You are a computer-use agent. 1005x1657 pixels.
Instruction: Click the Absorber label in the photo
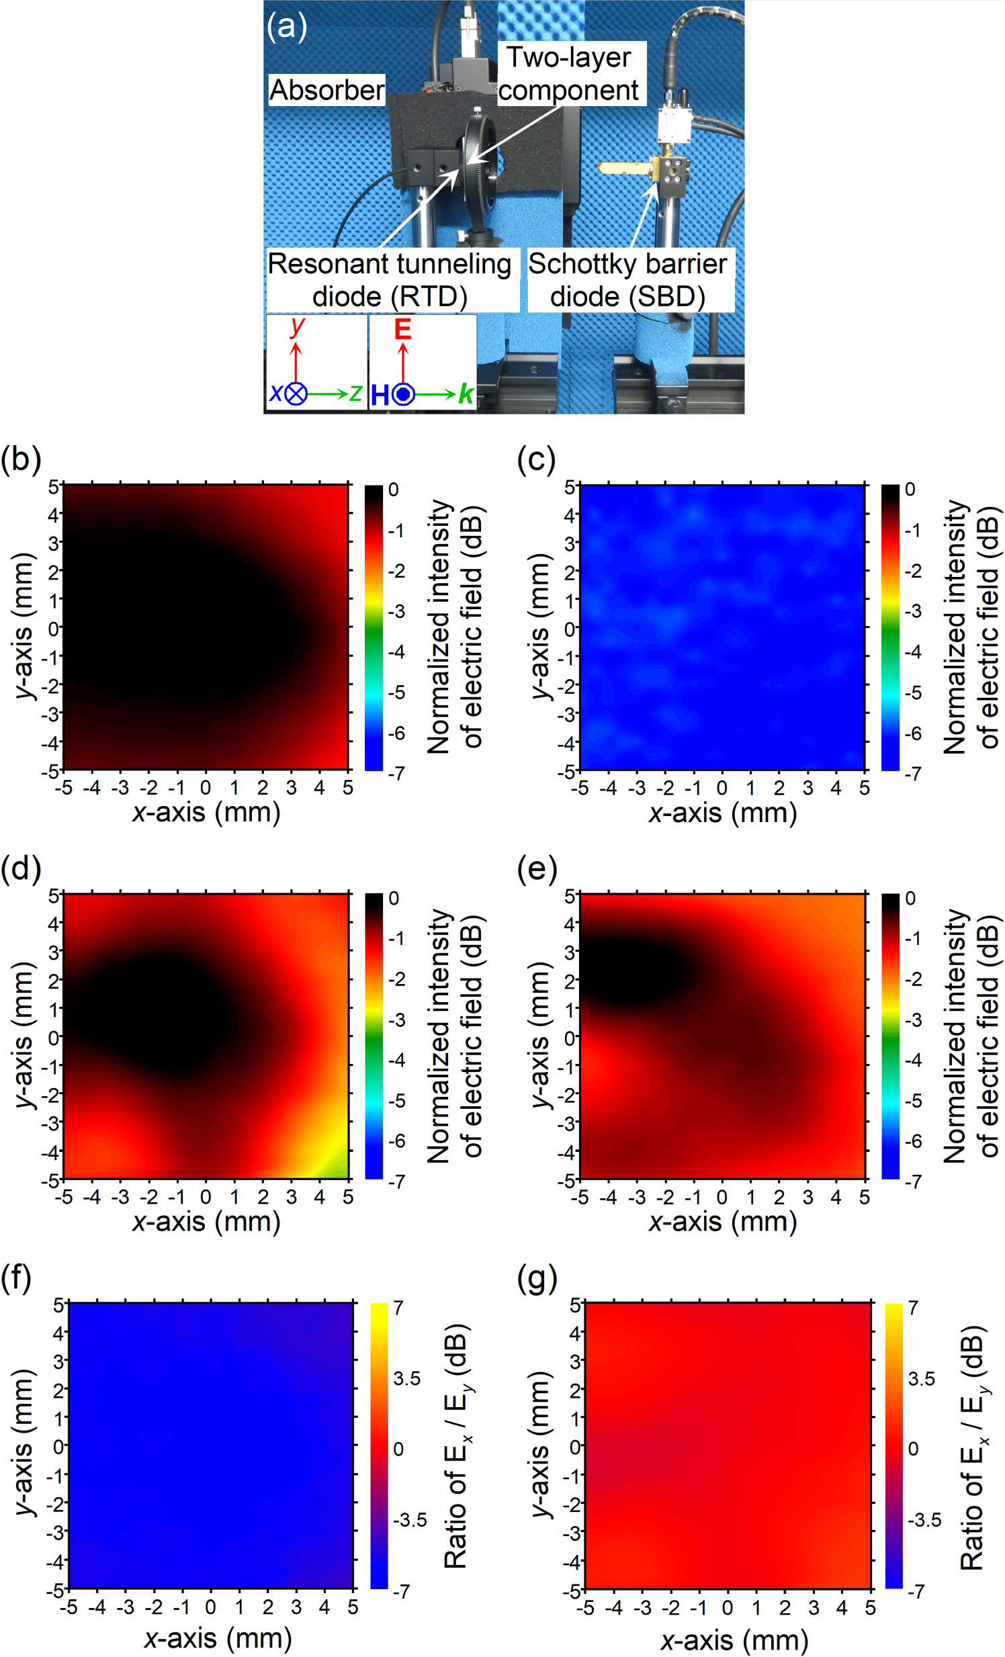(327, 90)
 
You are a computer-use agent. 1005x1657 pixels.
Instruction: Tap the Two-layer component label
(569, 74)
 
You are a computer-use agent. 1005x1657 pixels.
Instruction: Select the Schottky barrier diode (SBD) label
(627, 280)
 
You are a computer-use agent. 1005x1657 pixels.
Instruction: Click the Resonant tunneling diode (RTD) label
(390, 280)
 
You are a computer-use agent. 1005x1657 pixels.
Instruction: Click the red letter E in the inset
(402, 329)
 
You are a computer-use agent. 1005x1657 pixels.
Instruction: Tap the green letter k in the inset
(466, 394)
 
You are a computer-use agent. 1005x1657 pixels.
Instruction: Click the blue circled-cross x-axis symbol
(296, 394)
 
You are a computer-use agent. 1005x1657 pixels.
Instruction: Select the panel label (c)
(535, 459)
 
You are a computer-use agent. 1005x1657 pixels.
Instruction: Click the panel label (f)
(16, 1278)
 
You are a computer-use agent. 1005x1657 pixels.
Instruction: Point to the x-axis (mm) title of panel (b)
(206, 812)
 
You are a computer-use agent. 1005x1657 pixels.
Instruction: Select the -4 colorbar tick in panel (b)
(396, 652)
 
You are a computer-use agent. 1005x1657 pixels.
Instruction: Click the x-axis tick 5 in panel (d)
(347, 1197)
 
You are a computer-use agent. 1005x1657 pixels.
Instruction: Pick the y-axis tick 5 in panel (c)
(569, 486)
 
